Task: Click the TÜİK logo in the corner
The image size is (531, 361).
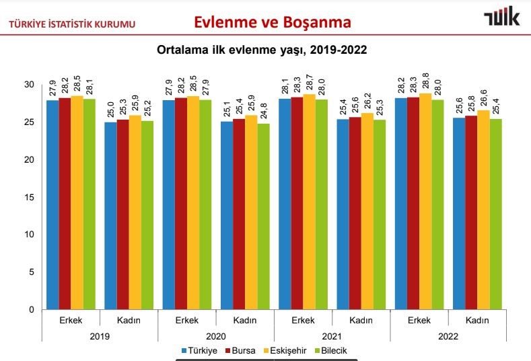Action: pyautogui.click(x=501, y=18)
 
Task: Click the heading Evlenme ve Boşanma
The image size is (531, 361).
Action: pyautogui.click(x=272, y=22)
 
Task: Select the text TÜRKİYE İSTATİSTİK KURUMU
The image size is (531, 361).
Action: pyautogui.click(x=71, y=25)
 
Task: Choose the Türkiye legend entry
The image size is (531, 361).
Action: pyautogui.click(x=199, y=351)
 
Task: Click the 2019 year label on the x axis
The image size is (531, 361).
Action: pyautogui.click(x=100, y=335)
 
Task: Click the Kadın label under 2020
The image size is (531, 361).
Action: pyautogui.click(x=246, y=321)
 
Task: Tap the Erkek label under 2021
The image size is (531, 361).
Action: pyautogui.click(x=304, y=321)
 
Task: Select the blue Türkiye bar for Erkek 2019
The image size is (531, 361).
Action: pyautogui.click(x=52, y=205)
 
